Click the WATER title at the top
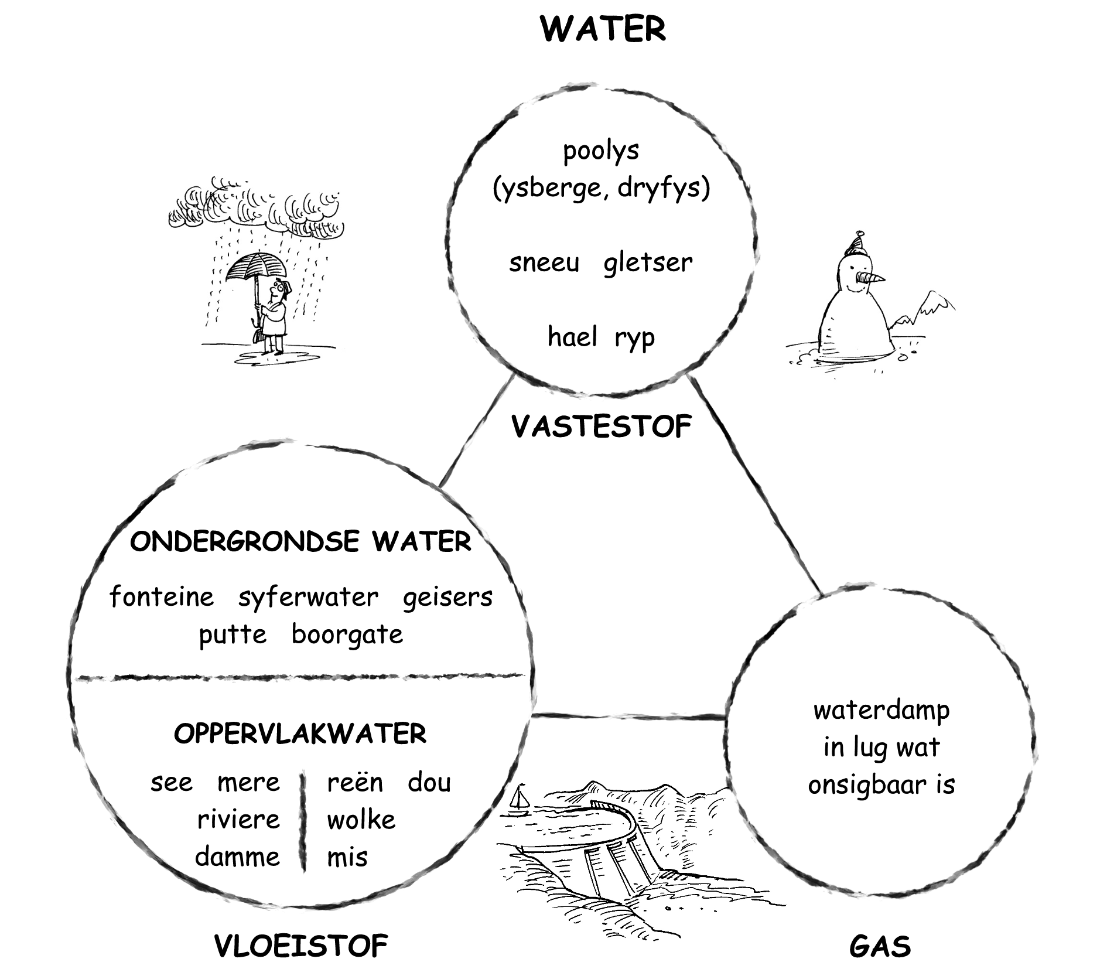coord(603,29)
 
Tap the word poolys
coord(601,151)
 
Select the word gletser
coord(647,262)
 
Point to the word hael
coord(572,337)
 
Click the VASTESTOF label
coord(602,427)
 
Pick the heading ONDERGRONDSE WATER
coord(300,541)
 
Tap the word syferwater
coord(308,598)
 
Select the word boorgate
coord(347,634)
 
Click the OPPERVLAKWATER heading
coord(300,733)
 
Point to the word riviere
coord(238,820)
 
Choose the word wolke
coord(361,820)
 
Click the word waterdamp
coord(881,711)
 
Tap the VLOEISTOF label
coord(301,945)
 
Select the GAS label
coord(880,946)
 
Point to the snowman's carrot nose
coord(870,277)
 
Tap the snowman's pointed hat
coord(857,241)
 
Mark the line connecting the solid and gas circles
coord(756,486)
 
